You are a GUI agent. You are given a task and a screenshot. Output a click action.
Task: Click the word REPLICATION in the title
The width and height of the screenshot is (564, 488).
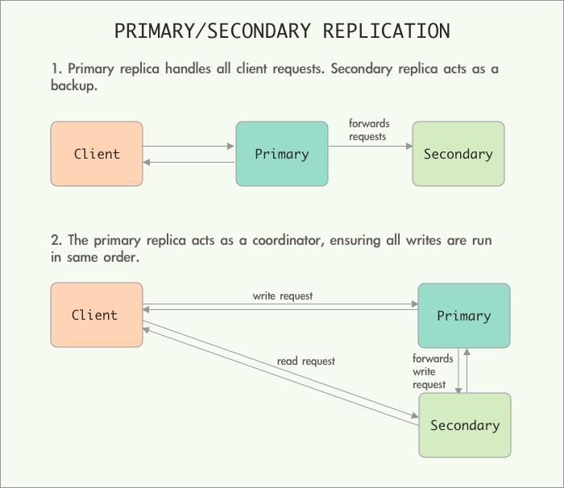point(387,31)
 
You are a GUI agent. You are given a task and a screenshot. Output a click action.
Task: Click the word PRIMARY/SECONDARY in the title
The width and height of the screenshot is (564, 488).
point(213,31)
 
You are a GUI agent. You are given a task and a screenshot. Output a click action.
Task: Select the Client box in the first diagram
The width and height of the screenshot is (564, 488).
point(97,154)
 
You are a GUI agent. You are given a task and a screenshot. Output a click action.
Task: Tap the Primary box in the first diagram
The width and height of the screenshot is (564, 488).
point(282,154)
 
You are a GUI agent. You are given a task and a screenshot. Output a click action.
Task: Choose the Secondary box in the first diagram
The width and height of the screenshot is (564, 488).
point(458,154)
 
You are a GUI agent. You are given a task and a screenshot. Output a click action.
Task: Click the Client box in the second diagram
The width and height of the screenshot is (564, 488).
point(97,315)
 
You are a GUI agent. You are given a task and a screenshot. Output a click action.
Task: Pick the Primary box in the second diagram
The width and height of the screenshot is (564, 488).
point(463,316)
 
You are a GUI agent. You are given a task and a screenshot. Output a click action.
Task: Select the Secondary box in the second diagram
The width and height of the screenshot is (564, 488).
point(464,425)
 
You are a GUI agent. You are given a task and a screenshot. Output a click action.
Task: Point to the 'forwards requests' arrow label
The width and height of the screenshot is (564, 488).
point(369,130)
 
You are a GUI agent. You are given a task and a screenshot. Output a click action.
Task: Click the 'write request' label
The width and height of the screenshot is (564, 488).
point(283,296)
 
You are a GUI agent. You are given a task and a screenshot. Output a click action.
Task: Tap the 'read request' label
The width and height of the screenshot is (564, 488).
point(306,361)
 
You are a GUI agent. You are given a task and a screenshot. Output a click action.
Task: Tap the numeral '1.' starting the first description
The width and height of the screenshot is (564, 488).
point(56,69)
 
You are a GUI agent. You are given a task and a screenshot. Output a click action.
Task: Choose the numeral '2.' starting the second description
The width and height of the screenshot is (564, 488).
point(56,240)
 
